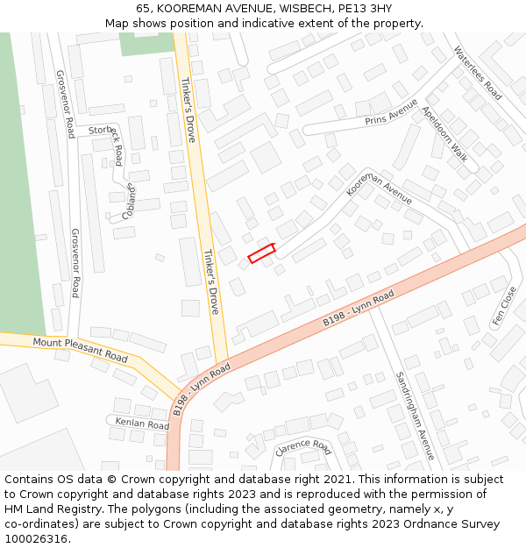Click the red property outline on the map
pos(261,253)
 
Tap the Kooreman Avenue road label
pos(379,189)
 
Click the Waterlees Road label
pos(478,73)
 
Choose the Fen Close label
pos(505,306)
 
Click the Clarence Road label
pos(303,448)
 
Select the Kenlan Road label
pos(142,423)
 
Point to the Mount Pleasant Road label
pos(81,350)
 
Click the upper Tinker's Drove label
pos(187,110)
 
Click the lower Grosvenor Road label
pos(75,263)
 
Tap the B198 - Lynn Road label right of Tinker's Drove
pos(359,310)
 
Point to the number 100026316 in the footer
pos(35,538)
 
